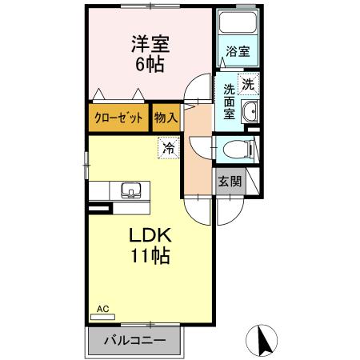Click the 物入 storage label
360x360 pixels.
point(166,118)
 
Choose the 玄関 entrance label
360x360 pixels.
point(230,181)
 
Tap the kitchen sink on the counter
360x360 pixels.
point(130,191)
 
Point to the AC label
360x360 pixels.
point(102,308)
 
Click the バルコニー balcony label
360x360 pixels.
point(135,340)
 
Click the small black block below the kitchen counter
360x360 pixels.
point(98,209)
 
